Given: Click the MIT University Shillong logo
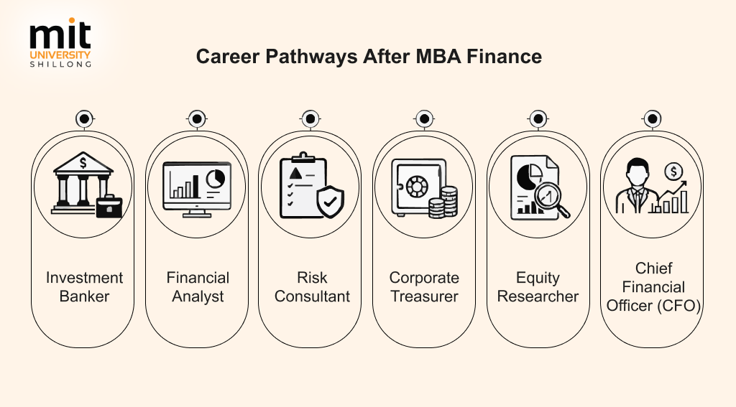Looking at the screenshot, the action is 60,42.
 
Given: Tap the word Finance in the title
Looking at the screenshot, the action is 504,56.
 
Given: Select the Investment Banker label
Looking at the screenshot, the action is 85,287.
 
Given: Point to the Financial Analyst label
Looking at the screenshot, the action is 198,287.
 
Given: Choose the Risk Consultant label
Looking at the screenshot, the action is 312,287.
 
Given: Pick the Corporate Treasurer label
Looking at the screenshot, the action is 424,287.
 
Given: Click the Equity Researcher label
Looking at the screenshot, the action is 538,287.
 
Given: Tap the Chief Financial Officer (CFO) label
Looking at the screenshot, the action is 653,287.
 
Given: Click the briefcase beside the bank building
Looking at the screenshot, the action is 109,206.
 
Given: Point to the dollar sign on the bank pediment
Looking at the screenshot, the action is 83,163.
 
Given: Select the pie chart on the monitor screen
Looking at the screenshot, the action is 216,178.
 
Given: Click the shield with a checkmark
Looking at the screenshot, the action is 331,202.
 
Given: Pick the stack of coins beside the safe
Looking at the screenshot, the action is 443,202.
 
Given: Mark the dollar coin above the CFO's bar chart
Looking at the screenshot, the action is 673,172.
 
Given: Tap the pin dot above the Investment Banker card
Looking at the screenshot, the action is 85,119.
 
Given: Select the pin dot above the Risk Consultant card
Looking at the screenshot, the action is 310,119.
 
